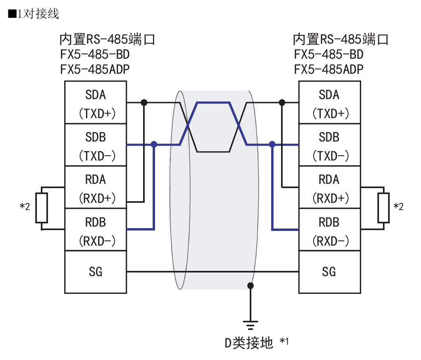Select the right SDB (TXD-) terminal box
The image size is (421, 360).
pyautogui.click(x=329, y=145)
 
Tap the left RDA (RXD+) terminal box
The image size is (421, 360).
pyautogui.click(x=96, y=188)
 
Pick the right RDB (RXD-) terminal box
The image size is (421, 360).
pyautogui.click(x=329, y=230)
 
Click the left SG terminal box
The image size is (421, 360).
pyautogui.click(x=96, y=272)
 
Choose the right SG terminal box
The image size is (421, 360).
pyautogui.click(x=329, y=272)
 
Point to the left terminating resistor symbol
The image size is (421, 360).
pyautogui.click(x=42, y=208)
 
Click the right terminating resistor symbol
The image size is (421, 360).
pyautogui.click(x=383, y=208)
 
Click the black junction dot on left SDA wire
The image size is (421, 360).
pyautogui.click(x=144, y=103)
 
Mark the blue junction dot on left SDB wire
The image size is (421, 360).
pyautogui.click(x=154, y=145)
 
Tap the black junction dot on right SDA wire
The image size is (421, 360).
pyautogui.click(x=282, y=103)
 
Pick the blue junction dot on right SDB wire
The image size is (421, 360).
pyautogui.click(x=272, y=145)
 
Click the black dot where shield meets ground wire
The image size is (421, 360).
pyautogui.click(x=251, y=285)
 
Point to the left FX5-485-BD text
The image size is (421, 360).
pyautogui.click(x=95, y=54)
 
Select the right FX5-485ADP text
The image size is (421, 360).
pyautogui.click(x=329, y=69)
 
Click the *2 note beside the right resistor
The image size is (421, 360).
pyautogui.click(x=398, y=207)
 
